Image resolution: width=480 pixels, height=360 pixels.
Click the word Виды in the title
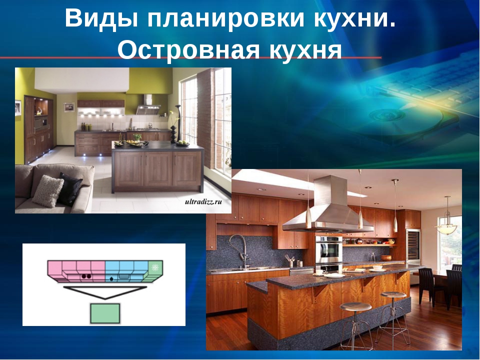coord(102,18)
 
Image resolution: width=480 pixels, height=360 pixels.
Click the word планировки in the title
coord(225,19)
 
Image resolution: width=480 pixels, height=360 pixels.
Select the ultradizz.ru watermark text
coord(203,201)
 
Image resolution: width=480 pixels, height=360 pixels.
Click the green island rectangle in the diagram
coord(105,313)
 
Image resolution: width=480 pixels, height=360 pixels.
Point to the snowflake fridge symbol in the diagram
coord(155,267)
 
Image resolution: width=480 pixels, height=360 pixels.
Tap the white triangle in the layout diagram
coord(105,292)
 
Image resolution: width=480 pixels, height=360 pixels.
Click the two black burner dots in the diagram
coord(86,276)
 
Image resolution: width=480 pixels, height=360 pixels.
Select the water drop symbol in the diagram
coord(111,278)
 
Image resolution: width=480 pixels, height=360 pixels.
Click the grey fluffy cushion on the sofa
coord(48,191)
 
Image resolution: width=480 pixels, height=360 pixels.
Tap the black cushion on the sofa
coord(70,188)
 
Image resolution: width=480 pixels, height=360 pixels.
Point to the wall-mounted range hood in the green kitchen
coord(148,104)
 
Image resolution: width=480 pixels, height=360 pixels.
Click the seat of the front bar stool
coord(355,306)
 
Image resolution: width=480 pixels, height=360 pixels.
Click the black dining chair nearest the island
coord(428,285)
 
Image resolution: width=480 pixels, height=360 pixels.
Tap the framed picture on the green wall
coord(69,107)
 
